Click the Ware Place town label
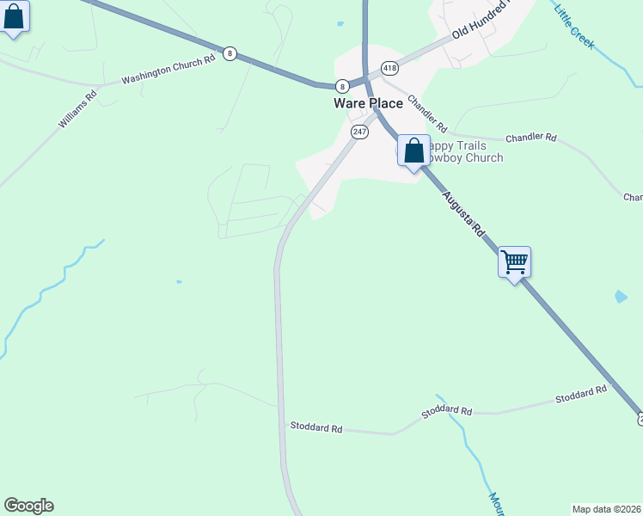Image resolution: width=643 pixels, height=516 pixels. (368, 103)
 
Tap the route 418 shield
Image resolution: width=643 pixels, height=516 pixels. (390, 68)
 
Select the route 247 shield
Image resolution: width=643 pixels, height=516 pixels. (359, 132)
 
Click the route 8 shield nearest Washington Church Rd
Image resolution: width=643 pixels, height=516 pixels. (230, 53)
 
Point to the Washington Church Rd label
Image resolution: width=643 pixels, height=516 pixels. (168, 71)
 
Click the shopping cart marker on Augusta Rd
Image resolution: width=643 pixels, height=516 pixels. (514, 261)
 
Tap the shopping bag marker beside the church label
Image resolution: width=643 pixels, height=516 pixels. (413, 150)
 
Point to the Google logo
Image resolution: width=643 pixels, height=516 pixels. (28, 506)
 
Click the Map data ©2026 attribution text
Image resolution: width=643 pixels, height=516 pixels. (606, 508)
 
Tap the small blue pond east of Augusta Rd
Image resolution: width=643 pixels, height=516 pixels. (621, 297)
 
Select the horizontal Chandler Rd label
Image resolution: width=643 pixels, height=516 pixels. (531, 138)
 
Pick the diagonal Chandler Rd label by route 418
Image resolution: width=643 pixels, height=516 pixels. (428, 114)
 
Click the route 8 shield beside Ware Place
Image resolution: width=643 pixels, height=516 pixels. (342, 85)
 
